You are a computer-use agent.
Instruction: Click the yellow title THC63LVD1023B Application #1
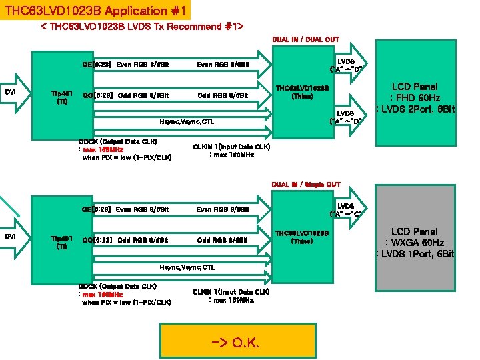point(95,11)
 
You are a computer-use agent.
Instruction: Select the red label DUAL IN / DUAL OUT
point(305,39)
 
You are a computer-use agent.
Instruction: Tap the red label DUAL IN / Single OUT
point(305,185)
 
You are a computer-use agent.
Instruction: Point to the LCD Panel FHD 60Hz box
point(415,97)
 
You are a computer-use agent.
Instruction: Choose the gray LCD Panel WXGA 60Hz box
point(415,243)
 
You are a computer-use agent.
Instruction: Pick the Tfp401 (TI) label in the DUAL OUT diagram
point(62,97)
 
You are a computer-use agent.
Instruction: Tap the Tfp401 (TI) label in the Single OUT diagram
point(62,243)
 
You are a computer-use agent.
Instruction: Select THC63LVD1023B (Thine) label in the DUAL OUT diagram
point(302,91)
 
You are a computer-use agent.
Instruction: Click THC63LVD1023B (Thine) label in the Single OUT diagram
point(302,237)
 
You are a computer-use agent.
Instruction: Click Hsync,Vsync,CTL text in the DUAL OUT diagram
point(187,122)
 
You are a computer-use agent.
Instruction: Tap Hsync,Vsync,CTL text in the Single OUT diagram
point(187,267)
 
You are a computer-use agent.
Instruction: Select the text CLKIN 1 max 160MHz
point(231,151)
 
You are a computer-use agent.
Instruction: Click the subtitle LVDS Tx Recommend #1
point(141,27)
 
